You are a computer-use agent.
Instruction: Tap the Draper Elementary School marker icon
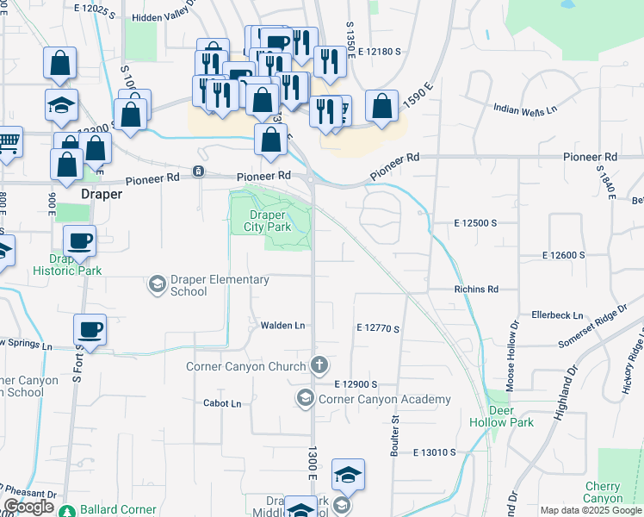pos(157,283)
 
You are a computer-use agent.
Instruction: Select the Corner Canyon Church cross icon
pos(319,365)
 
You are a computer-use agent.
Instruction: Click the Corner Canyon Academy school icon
pos(305,398)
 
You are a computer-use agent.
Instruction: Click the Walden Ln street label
pos(283,326)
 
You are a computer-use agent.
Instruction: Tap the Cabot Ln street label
pos(222,403)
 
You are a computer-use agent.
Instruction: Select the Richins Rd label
pos(476,290)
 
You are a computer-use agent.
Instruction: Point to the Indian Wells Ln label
pos(525,109)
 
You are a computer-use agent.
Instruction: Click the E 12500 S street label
pos(476,223)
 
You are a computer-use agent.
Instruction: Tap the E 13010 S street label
pos(445,452)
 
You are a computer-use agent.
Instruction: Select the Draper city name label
pos(101,195)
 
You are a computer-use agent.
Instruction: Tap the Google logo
pos(28,507)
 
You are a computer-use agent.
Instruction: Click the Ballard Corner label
pos(120,510)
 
